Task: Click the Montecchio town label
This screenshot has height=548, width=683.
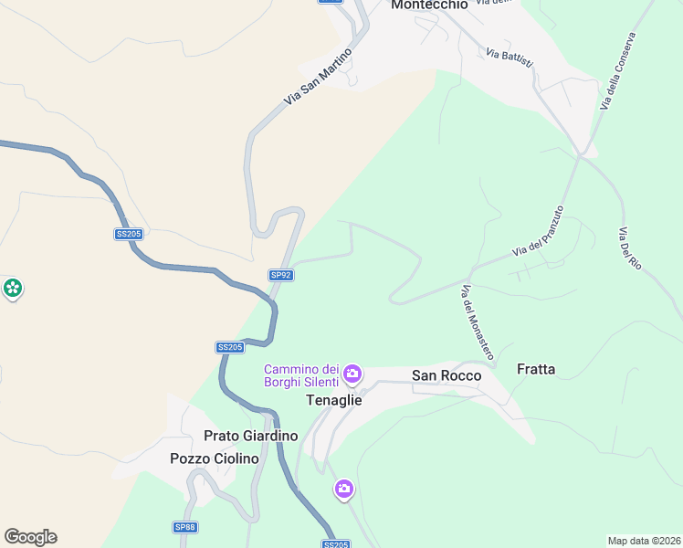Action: pos(429,5)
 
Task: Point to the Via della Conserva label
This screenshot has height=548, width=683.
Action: pos(617,72)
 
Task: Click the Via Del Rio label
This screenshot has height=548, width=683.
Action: pos(630,248)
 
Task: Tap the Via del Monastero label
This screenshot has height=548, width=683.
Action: pos(477,321)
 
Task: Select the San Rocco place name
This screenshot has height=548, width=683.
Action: pos(447,374)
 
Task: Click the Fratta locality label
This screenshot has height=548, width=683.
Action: pos(536,369)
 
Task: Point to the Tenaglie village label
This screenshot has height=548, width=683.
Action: pos(332,400)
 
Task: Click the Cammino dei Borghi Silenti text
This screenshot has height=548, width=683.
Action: pos(301,375)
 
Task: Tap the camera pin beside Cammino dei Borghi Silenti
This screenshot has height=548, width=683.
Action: pos(352,374)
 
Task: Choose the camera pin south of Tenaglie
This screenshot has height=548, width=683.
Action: pos(343,490)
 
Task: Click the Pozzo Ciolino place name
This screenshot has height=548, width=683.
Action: pos(215,458)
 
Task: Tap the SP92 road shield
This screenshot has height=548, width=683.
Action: pos(280,274)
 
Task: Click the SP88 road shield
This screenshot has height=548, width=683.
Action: pos(185,527)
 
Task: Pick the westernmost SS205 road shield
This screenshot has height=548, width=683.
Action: pos(129,234)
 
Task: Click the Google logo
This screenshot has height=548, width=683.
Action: pos(30,537)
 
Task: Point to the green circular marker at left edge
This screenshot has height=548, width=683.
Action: pos(13,290)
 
